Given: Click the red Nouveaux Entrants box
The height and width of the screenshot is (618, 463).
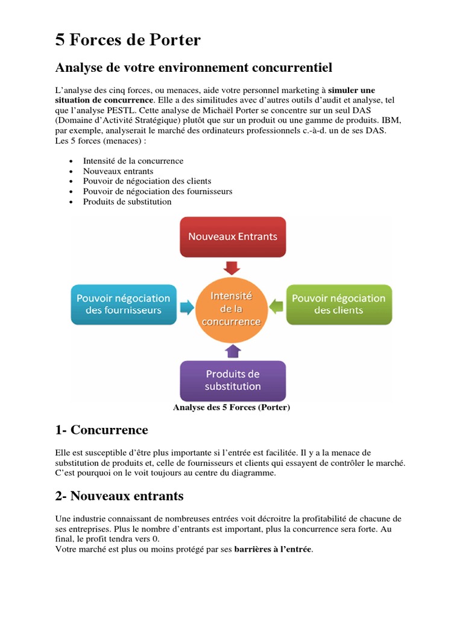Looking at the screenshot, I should coord(233,237).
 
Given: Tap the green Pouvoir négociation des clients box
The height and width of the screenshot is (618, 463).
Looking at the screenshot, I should coord(338,304).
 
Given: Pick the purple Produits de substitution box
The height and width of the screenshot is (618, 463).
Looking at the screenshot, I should coord(233,380).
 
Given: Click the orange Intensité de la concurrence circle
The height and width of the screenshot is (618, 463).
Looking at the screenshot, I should coord(231,308).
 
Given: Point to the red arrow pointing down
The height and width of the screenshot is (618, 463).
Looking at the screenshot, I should coord(232,267).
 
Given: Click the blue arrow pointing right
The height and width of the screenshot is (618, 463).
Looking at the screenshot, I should coord(187,308).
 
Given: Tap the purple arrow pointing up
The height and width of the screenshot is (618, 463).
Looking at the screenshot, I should coord(232,351).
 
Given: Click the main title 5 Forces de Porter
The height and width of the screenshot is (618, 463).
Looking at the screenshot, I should coord(128,40).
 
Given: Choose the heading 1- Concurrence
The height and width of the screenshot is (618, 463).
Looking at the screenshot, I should coord(101,430).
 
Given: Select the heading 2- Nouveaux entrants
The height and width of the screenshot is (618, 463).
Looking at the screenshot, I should coord(119,496).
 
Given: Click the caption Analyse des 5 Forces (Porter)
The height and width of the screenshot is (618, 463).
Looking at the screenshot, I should coord(231,407).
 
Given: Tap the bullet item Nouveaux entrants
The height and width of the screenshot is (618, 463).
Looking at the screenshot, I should coord(118,171).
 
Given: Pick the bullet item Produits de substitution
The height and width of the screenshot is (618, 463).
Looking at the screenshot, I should coord(127,202).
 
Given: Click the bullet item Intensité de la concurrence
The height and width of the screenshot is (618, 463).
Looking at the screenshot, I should coord(133,161).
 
